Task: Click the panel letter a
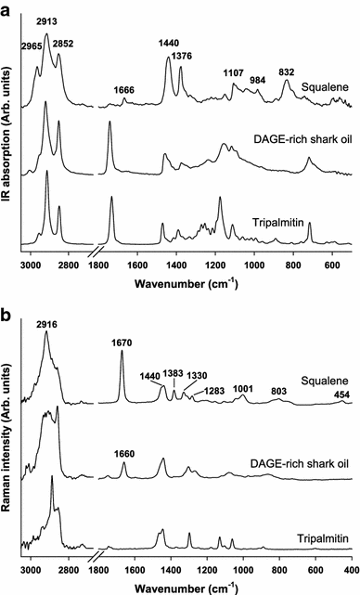coord(6,8)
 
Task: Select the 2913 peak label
coord(45,19)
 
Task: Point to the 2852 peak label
coord(63,44)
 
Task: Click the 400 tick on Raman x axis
coord(351,569)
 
